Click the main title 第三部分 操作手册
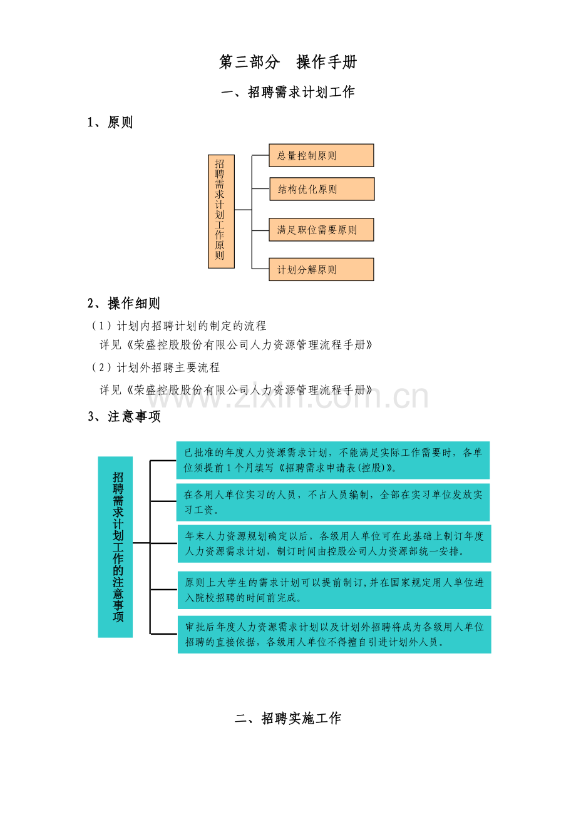tap(288, 62)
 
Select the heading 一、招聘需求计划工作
tap(288, 92)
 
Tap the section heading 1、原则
tap(110, 122)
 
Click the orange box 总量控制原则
tap(321, 155)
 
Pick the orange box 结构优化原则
tap(322, 189)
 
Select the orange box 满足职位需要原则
tap(321, 230)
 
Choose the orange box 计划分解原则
tap(321, 270)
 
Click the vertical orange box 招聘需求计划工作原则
tap(221, 212)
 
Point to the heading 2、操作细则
tap(124, 303)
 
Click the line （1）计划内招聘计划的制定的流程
tap(178, 325)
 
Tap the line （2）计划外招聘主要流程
tap(155, 367)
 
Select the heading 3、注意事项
tap(124, 417)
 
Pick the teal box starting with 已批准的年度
tap(333, 460)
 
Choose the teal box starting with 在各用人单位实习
tap(333, 502)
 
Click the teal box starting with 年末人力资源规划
tap(334, 543)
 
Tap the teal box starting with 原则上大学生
tap(334, 590)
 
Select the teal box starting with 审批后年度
tap(334, 634)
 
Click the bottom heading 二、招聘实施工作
tap(288, 718)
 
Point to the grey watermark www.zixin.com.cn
tap(287, 397)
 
